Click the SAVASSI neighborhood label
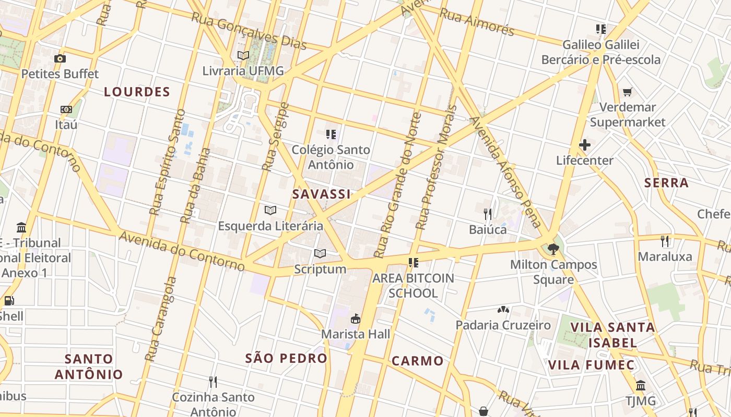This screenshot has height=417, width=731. click(x=321, y=194)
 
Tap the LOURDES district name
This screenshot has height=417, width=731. click(x=137, y=92)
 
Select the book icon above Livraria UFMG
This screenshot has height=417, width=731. click(x=243, y=55)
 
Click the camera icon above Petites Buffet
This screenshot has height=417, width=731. click(x=60, y=58)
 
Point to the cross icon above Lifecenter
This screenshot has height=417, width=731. click(x=584, y=145)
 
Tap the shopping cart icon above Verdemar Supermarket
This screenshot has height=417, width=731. click(x=628, y=92)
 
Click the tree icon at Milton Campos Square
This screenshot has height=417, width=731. click(x=553, y=249)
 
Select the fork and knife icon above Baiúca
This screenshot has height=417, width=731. click(x=488, y=214)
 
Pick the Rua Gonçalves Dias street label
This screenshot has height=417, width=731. click(x=249, y=31)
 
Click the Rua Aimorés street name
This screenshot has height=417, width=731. click(x=477, y=22)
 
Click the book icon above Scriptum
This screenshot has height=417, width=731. click(x=320, y=254)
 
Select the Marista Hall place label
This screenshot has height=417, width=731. click(x=356, y=334)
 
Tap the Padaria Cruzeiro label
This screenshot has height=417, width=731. click(x=503, y=325)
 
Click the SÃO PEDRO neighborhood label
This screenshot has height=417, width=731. click(x=286, y=359)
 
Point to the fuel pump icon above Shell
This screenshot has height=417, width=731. click(x=9, y=300)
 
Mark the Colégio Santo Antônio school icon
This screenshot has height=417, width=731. click(x=331, y=134)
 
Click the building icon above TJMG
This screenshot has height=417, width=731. click(x=641, y=386)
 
